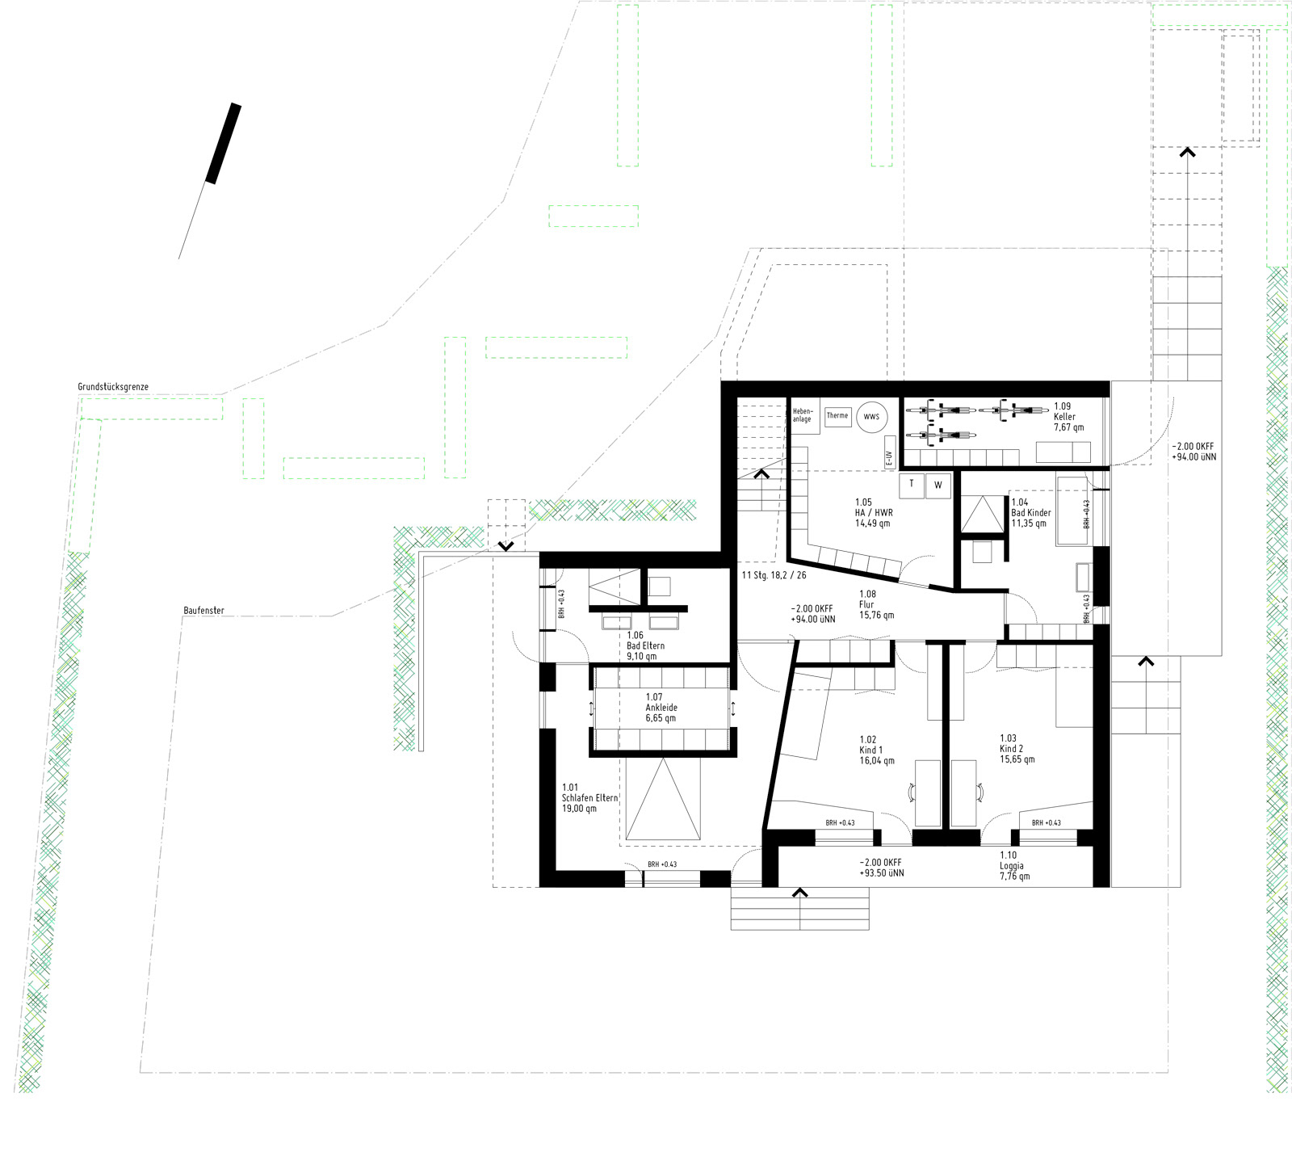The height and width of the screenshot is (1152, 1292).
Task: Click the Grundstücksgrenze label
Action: tap(113, 387)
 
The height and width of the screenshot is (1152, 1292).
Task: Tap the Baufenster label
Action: tap(203, 611)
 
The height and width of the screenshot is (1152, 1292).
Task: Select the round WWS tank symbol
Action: tap(871, 417)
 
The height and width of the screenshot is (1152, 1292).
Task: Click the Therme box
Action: tap(837, 416)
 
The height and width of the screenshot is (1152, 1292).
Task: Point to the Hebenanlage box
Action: tap(804, 415)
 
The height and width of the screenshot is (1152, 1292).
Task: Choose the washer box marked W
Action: tap(938, 485)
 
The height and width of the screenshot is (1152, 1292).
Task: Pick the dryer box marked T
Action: tap(912, 484)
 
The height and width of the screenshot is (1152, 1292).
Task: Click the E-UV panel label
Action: tap(890, 457)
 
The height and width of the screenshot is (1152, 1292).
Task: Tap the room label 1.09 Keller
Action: tap(1068, 417)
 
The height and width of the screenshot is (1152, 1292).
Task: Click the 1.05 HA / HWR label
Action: tap(874, 513)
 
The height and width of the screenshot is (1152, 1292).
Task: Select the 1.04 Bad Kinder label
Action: tap(1031, 513)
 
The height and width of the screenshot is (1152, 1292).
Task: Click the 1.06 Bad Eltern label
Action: tap(645, 646)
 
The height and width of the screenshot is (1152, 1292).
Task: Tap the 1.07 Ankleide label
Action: tap(661, 708)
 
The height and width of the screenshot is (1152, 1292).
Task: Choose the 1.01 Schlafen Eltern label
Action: tap(590, 798)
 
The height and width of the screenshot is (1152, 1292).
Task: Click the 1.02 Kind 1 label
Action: tap(877, 750)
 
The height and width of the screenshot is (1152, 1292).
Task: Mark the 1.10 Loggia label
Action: tap(1015, 866)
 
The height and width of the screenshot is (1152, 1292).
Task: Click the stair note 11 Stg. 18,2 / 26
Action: tap(774, 575)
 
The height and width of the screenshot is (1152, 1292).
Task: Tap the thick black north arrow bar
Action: tap(224, 143)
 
